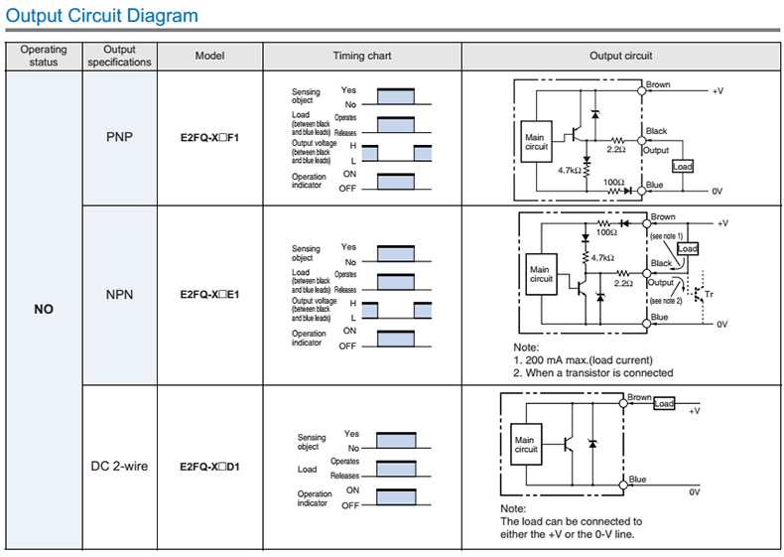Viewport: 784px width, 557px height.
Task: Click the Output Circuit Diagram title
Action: point(102,16)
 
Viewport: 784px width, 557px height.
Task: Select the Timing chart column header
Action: point(361,57)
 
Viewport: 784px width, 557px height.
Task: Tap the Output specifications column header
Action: point(119,57)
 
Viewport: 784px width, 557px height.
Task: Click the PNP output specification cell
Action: point(119,137)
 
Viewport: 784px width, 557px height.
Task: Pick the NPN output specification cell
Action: point(119,295)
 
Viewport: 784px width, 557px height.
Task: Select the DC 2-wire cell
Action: point(119,465)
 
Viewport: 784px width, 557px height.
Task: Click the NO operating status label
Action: point(43,310)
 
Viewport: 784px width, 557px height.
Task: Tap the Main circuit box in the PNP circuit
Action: point(536,141)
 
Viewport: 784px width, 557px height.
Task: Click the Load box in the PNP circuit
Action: point(683,167)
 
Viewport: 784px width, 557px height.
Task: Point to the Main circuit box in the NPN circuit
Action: point(541,274)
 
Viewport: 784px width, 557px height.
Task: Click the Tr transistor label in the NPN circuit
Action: point(708,295)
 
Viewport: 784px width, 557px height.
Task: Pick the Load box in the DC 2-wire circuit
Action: point(664,404)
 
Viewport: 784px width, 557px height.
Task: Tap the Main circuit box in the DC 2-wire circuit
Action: point(525,445)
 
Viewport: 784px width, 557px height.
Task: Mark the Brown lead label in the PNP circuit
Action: point(658,85)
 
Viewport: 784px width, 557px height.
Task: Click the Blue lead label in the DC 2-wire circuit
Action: point(637,480)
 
